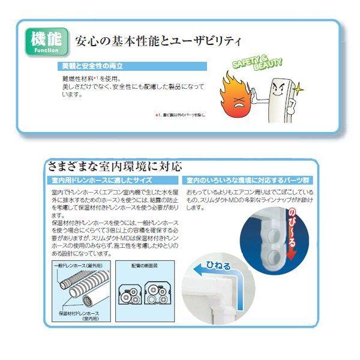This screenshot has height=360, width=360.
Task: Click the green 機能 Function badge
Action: pyautogui.click(x=46, y=41)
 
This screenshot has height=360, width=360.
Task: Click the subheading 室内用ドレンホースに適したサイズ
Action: pyautogui.click(x=107, y=180)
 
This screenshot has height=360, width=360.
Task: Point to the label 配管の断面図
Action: pyautogui.click(x=143, y=265)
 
